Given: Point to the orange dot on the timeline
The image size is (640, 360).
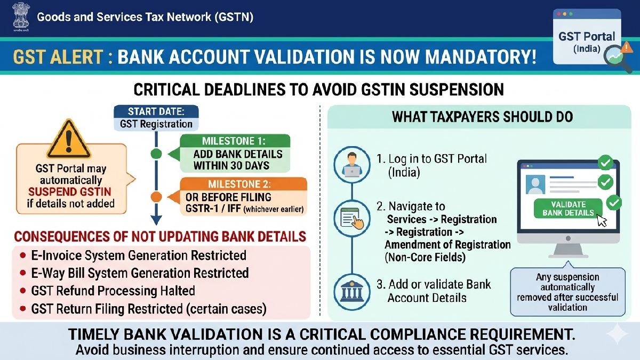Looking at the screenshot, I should [156, 197].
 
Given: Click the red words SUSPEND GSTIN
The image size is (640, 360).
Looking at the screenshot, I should [71, 192].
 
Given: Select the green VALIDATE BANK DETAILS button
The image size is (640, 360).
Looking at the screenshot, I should [568, 208].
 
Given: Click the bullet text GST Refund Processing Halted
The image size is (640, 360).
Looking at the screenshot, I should [113, 291].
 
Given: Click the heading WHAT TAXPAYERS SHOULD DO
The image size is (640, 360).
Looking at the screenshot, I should [482, 117].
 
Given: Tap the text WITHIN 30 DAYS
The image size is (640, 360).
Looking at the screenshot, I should [231, 165].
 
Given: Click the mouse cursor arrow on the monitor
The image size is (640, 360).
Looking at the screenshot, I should [602, 220].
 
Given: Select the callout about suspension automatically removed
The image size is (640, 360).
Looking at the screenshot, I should [567, 292].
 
